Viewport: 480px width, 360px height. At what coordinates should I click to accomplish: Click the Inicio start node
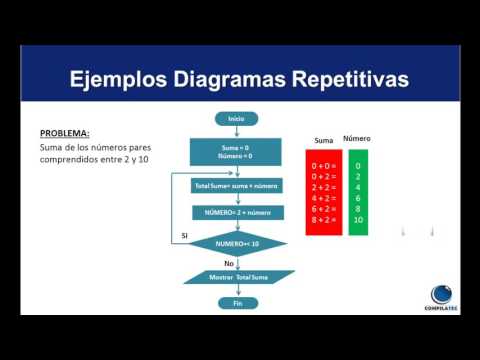click(x=237, y=118)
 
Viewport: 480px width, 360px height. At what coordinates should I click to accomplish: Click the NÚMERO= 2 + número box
click(x=237, y=213)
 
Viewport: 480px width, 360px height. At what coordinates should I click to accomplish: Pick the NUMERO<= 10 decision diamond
click(x=237, y=243)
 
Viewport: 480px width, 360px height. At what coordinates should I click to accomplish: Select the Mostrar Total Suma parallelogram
click(x=237, y=276)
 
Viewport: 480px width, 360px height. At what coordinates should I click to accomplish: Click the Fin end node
click(x=237, y=302)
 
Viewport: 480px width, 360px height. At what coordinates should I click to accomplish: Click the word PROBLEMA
click(x=65, y=133)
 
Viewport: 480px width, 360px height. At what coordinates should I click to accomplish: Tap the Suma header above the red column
click(x=323, y=140)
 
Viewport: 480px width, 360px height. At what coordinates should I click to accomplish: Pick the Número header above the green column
click(x=357, y=138)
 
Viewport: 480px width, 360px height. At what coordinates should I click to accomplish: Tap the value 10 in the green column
click(x=357, y=219)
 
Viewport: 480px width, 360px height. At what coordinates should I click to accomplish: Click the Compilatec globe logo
click(x=443, y=294)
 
